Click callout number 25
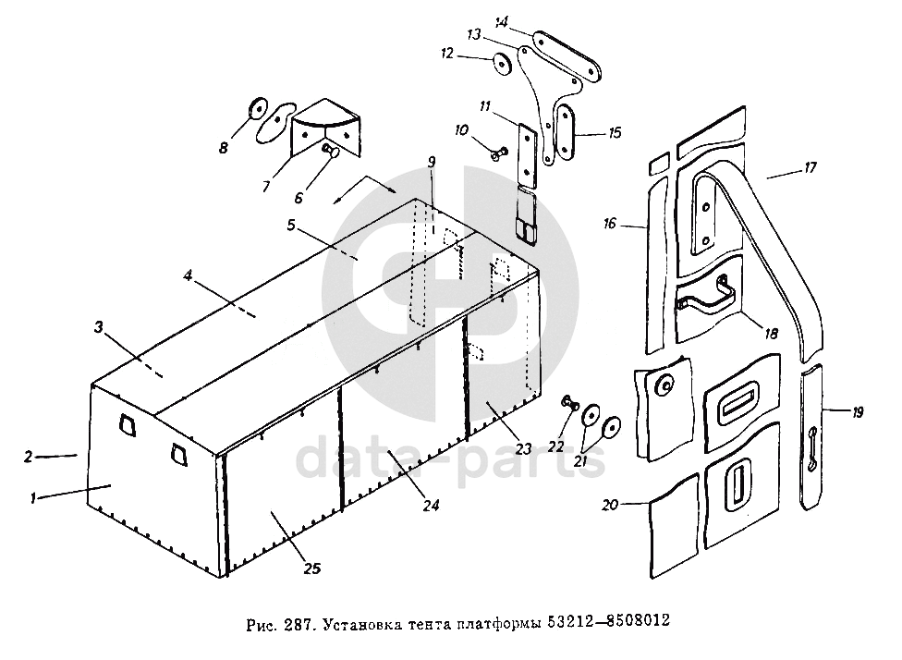point(311,569)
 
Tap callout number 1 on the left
point(33,498)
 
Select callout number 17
point(810,168)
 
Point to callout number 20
point(609,504)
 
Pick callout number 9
point(432,163)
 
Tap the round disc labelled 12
point(503,64)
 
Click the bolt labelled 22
point(569,402)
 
